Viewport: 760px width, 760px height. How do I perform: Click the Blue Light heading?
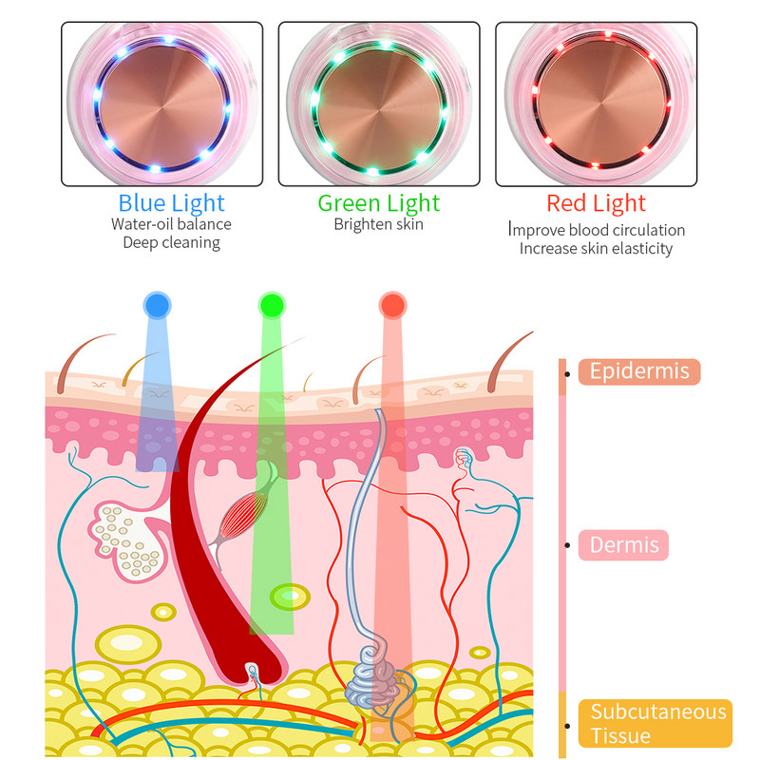(172, 202)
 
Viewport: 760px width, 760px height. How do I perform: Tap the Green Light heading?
(379, 202)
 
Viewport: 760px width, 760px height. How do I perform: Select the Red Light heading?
(596, 202)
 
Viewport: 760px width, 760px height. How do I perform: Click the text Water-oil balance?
(171, 224)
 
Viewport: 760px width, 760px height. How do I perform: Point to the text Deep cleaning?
(171, 242)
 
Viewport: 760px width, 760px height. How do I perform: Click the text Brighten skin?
(378, 224)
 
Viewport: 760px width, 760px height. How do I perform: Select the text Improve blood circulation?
(596, 230)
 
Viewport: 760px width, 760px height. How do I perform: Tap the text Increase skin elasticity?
(596, 248)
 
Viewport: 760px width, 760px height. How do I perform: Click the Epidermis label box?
(639, 371)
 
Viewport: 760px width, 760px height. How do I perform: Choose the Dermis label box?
(624, 545)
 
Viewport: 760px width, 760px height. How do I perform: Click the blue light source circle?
(157, 305)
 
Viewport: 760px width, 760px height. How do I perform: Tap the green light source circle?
(272, 305)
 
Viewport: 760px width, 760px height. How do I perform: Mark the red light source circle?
(391, 305)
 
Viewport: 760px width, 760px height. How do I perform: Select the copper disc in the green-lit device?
(380, 104)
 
